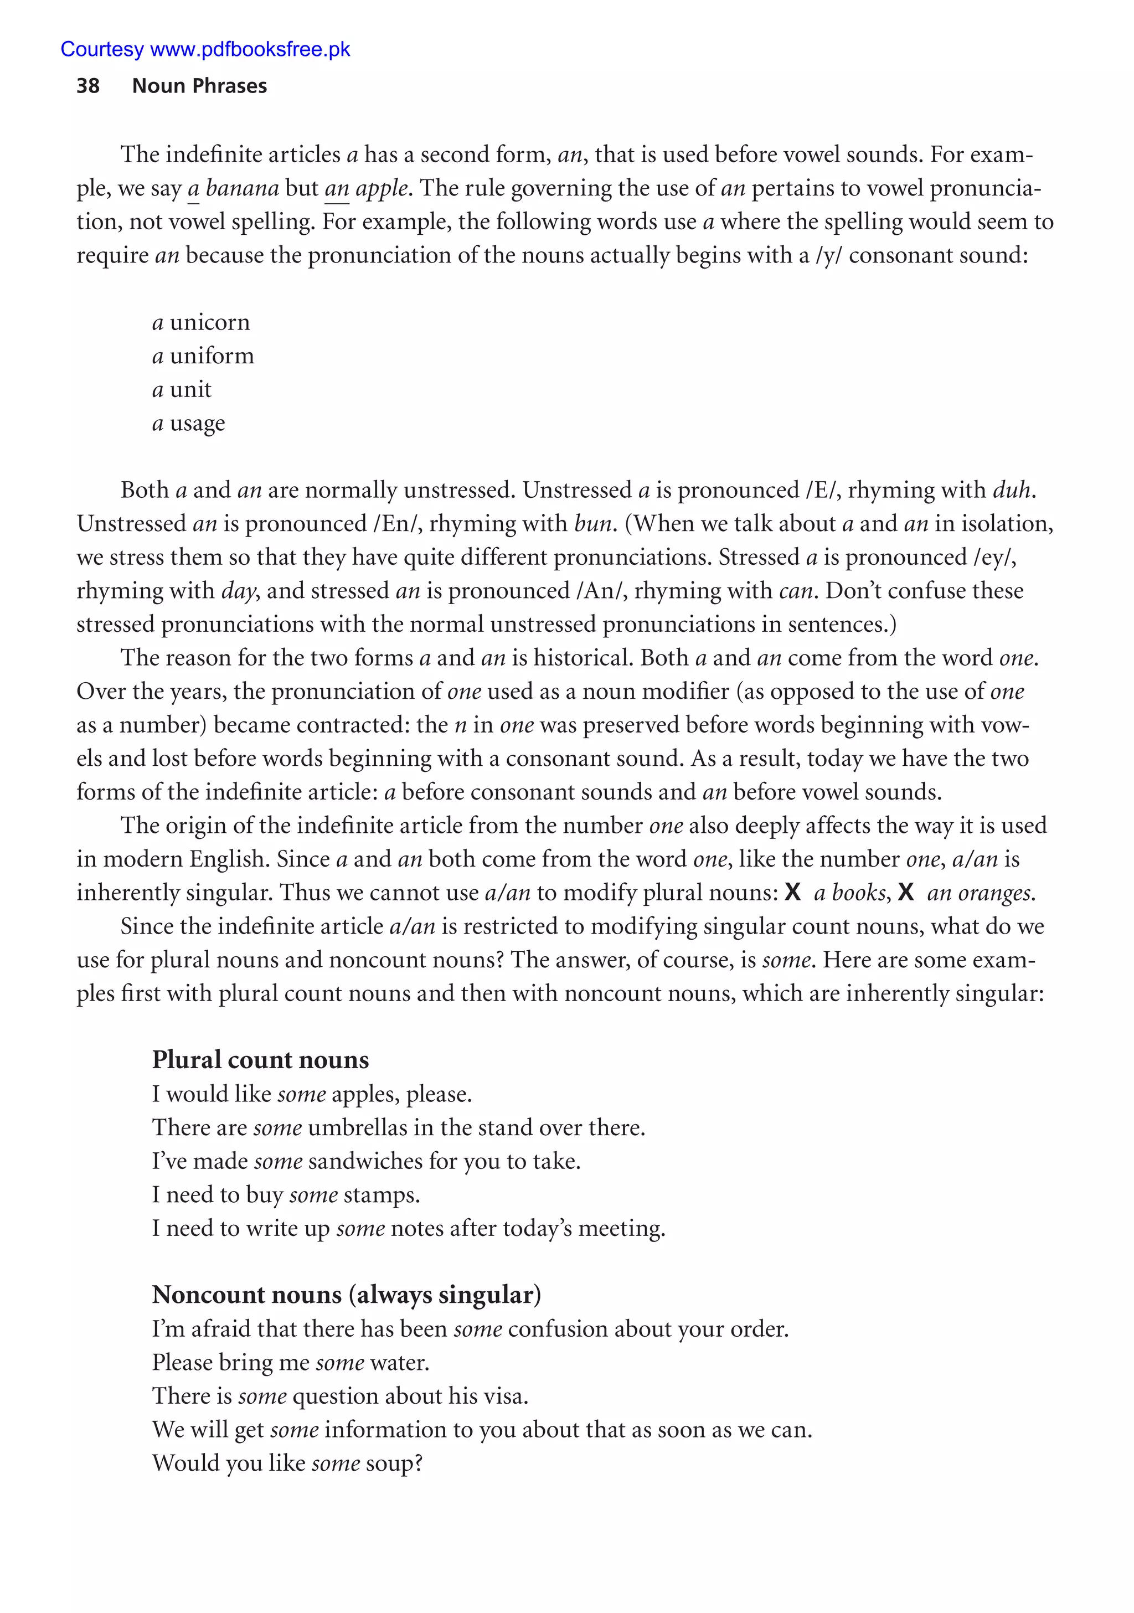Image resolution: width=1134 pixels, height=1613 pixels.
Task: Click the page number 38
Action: [x=88, y=86]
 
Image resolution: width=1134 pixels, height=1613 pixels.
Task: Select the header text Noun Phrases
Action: [x=199, y=86]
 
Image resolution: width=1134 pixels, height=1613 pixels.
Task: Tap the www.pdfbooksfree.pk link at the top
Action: [x=250, y=49]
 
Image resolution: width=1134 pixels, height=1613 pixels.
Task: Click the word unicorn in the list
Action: [x=209, y=322]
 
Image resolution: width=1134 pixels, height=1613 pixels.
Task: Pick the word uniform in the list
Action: [x=212, y=356]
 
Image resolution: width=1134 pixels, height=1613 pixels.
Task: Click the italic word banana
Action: [x=243, y=188]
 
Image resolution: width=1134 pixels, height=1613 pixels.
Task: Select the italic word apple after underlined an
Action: [x=382, y=188]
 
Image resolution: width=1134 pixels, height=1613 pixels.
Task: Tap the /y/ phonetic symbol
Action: [x=828, y=255]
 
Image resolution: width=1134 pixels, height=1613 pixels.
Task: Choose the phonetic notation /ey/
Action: [x=994, y=557]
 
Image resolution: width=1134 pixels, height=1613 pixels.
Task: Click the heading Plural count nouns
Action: [x=260, y=1059]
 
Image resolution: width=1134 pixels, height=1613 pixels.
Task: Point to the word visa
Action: [x=504, y=1396]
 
